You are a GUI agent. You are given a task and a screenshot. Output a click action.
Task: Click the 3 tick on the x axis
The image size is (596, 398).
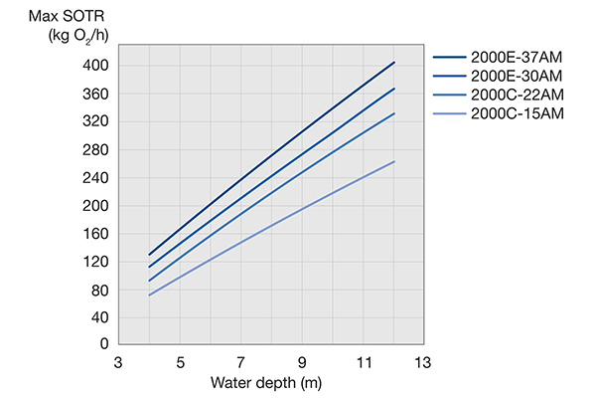(118, 363)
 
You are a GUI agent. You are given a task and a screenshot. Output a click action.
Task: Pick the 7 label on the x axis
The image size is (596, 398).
(241, 363)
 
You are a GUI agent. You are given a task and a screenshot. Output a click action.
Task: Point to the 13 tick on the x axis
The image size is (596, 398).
(425, 363)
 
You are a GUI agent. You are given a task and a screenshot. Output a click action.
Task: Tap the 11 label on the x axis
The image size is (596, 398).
(364, 363)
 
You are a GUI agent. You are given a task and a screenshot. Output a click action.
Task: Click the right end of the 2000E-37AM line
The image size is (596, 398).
(394, 62)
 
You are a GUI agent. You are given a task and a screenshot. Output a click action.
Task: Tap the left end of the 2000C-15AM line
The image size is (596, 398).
(149, 296)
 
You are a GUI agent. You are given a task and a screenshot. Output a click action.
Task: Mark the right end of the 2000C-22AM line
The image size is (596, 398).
(394, 113)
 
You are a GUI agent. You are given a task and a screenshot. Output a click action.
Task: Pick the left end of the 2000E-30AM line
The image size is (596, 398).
(149, 267)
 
